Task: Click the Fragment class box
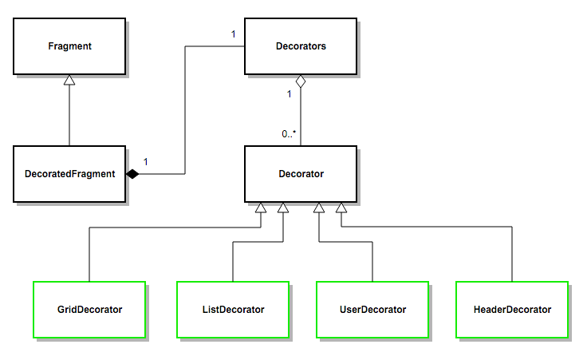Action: [69, 46]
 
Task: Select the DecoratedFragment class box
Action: [69, 173]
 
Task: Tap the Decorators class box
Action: [300, 46]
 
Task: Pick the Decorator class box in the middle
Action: [300, 173]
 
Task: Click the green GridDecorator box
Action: [89, 309]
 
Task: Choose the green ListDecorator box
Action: [232, 309]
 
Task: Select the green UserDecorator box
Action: [372, 309]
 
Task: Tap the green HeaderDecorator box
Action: [512, 309]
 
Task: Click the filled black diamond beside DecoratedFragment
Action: [132, 173]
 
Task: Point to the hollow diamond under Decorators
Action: [300, 81]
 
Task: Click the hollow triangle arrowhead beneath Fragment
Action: [69, 80]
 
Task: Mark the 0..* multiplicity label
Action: [289, 134]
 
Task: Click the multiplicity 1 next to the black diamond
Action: [146, 162]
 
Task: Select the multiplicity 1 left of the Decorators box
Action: [233, 34]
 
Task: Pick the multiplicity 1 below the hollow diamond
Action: [289, 94]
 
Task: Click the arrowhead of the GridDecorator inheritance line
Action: [260, 208]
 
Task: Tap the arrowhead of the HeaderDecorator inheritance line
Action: [341, 208]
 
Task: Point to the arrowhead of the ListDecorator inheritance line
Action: [282, 208]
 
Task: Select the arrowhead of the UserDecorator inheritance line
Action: [319, 208]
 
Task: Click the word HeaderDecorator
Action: [512, 310]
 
